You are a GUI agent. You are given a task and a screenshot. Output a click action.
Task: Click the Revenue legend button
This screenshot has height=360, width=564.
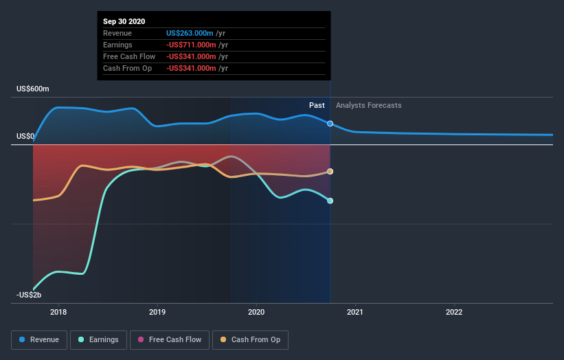40,339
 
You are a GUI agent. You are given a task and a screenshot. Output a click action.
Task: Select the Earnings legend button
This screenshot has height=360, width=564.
99,339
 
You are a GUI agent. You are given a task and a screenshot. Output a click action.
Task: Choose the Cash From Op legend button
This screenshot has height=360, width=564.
250,339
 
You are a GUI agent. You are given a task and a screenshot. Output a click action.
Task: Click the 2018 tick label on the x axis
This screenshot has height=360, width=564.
58,311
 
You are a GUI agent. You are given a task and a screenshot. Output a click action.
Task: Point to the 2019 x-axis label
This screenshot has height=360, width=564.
157,311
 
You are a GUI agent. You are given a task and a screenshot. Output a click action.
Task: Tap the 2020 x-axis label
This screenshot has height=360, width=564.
256,311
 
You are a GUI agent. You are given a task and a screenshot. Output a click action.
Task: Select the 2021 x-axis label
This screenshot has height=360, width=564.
355,311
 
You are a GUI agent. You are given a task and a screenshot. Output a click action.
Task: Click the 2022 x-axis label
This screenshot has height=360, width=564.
454,311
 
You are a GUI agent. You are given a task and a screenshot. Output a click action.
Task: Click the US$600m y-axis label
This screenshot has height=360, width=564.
33,89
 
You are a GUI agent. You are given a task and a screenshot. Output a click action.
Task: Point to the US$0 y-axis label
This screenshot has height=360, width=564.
25,137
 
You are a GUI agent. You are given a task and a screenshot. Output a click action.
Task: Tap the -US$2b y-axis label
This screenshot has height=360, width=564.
29,295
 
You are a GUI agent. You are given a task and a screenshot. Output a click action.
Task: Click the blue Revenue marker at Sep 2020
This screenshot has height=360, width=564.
330,124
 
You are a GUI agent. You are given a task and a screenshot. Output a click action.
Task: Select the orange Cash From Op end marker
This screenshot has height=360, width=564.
330,171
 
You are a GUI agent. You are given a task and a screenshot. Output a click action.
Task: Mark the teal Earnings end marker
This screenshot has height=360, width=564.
330,201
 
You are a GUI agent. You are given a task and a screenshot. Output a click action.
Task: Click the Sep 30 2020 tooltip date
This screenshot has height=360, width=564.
124,22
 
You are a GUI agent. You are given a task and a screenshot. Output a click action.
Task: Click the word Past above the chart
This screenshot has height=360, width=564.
317,105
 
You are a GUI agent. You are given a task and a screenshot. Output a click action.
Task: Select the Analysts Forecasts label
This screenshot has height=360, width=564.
369,105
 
